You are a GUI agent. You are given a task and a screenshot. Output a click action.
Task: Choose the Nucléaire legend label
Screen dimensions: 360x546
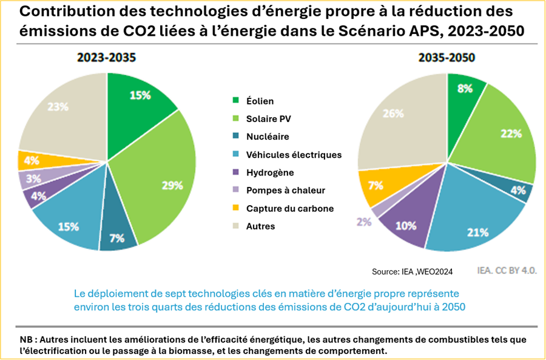268,137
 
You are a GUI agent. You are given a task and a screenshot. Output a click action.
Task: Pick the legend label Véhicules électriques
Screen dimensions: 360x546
294,155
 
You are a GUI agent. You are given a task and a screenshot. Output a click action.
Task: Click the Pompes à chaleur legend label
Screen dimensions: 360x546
286,190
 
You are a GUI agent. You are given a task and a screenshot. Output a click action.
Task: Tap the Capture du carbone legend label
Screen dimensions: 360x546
290,208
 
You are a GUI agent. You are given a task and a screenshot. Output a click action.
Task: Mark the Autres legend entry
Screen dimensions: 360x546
261,226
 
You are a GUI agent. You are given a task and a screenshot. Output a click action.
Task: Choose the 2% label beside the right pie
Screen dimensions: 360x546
364,222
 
